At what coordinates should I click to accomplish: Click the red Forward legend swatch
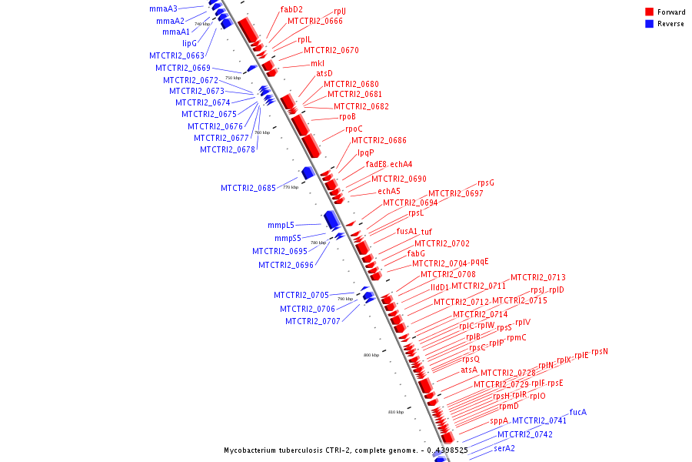pos(650,12)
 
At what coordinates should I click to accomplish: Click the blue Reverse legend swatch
pos(650,24)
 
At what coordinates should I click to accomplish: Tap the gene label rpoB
pos(348,117)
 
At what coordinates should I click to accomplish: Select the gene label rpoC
pos(354,129)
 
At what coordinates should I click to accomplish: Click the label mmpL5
pos(281,226)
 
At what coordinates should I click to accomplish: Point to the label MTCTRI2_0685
pos(248,188)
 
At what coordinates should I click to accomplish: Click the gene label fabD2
pos(291,10)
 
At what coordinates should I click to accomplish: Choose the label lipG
pos(189,44)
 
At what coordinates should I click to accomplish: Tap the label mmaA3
pos(163,9)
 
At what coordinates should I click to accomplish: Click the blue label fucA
pos(578,412)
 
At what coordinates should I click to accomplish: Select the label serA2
pos(504,448)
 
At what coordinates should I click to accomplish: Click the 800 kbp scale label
pos(371,355)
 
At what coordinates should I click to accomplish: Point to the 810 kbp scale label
pos(396,412)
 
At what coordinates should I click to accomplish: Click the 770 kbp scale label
pos(290,187)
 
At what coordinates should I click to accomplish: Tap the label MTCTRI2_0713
pos(538,277)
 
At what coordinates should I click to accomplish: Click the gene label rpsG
pos(486,183)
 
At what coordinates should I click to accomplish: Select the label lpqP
pos(365,152)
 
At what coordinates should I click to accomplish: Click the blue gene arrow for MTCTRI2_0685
pos(308,172)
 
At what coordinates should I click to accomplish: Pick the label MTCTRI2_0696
pos(286,265)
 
